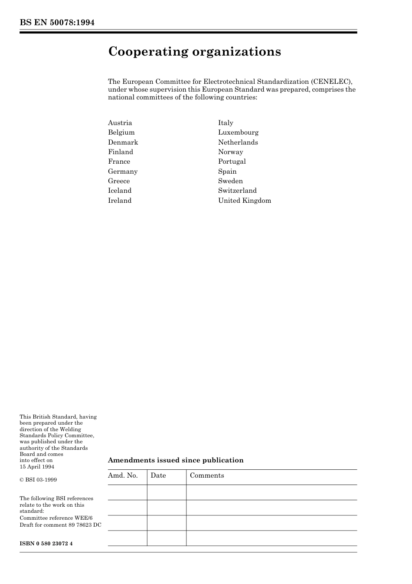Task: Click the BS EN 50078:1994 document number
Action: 57,23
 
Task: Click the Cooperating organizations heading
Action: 194,52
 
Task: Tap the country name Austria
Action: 120,123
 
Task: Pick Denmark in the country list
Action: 123,142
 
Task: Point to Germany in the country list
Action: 123,172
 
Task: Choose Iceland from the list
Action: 120,191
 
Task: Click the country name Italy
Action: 226,123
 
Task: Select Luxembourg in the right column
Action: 238,132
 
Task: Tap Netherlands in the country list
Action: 238,142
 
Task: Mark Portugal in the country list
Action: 232,162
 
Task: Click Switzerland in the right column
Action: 237,191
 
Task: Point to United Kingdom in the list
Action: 245,201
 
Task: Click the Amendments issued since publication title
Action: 176,460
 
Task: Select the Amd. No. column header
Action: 123,475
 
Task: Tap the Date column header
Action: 158,475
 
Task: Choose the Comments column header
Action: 207,475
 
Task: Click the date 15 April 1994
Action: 37,467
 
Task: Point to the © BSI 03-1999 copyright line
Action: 38,480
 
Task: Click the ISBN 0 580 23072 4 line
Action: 46,544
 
